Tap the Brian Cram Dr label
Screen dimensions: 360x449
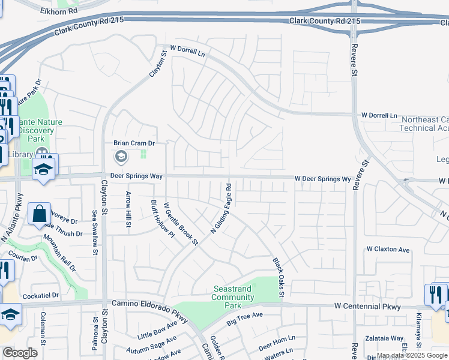pos(134,143)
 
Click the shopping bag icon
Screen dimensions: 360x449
pos(39,214)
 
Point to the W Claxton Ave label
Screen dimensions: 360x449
pos(388,249)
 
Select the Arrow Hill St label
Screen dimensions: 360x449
pos(128,209)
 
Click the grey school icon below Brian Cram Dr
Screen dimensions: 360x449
pos(121,157)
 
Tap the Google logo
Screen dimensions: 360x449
pos(19,353)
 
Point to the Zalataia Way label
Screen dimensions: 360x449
pos(385,338)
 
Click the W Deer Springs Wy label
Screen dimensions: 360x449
pos(322,179)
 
